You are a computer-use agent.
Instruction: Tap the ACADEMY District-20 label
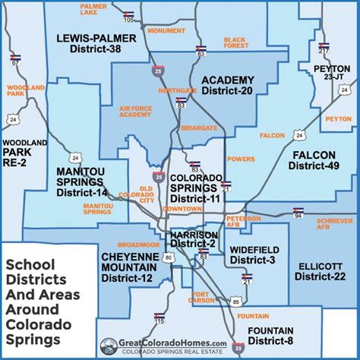[x=227, y=84]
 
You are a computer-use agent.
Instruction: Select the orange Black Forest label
[x=235, y=43]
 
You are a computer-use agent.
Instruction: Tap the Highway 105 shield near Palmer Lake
[x=128, y=16]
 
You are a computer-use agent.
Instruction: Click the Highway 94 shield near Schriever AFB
[x=298, y=214]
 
